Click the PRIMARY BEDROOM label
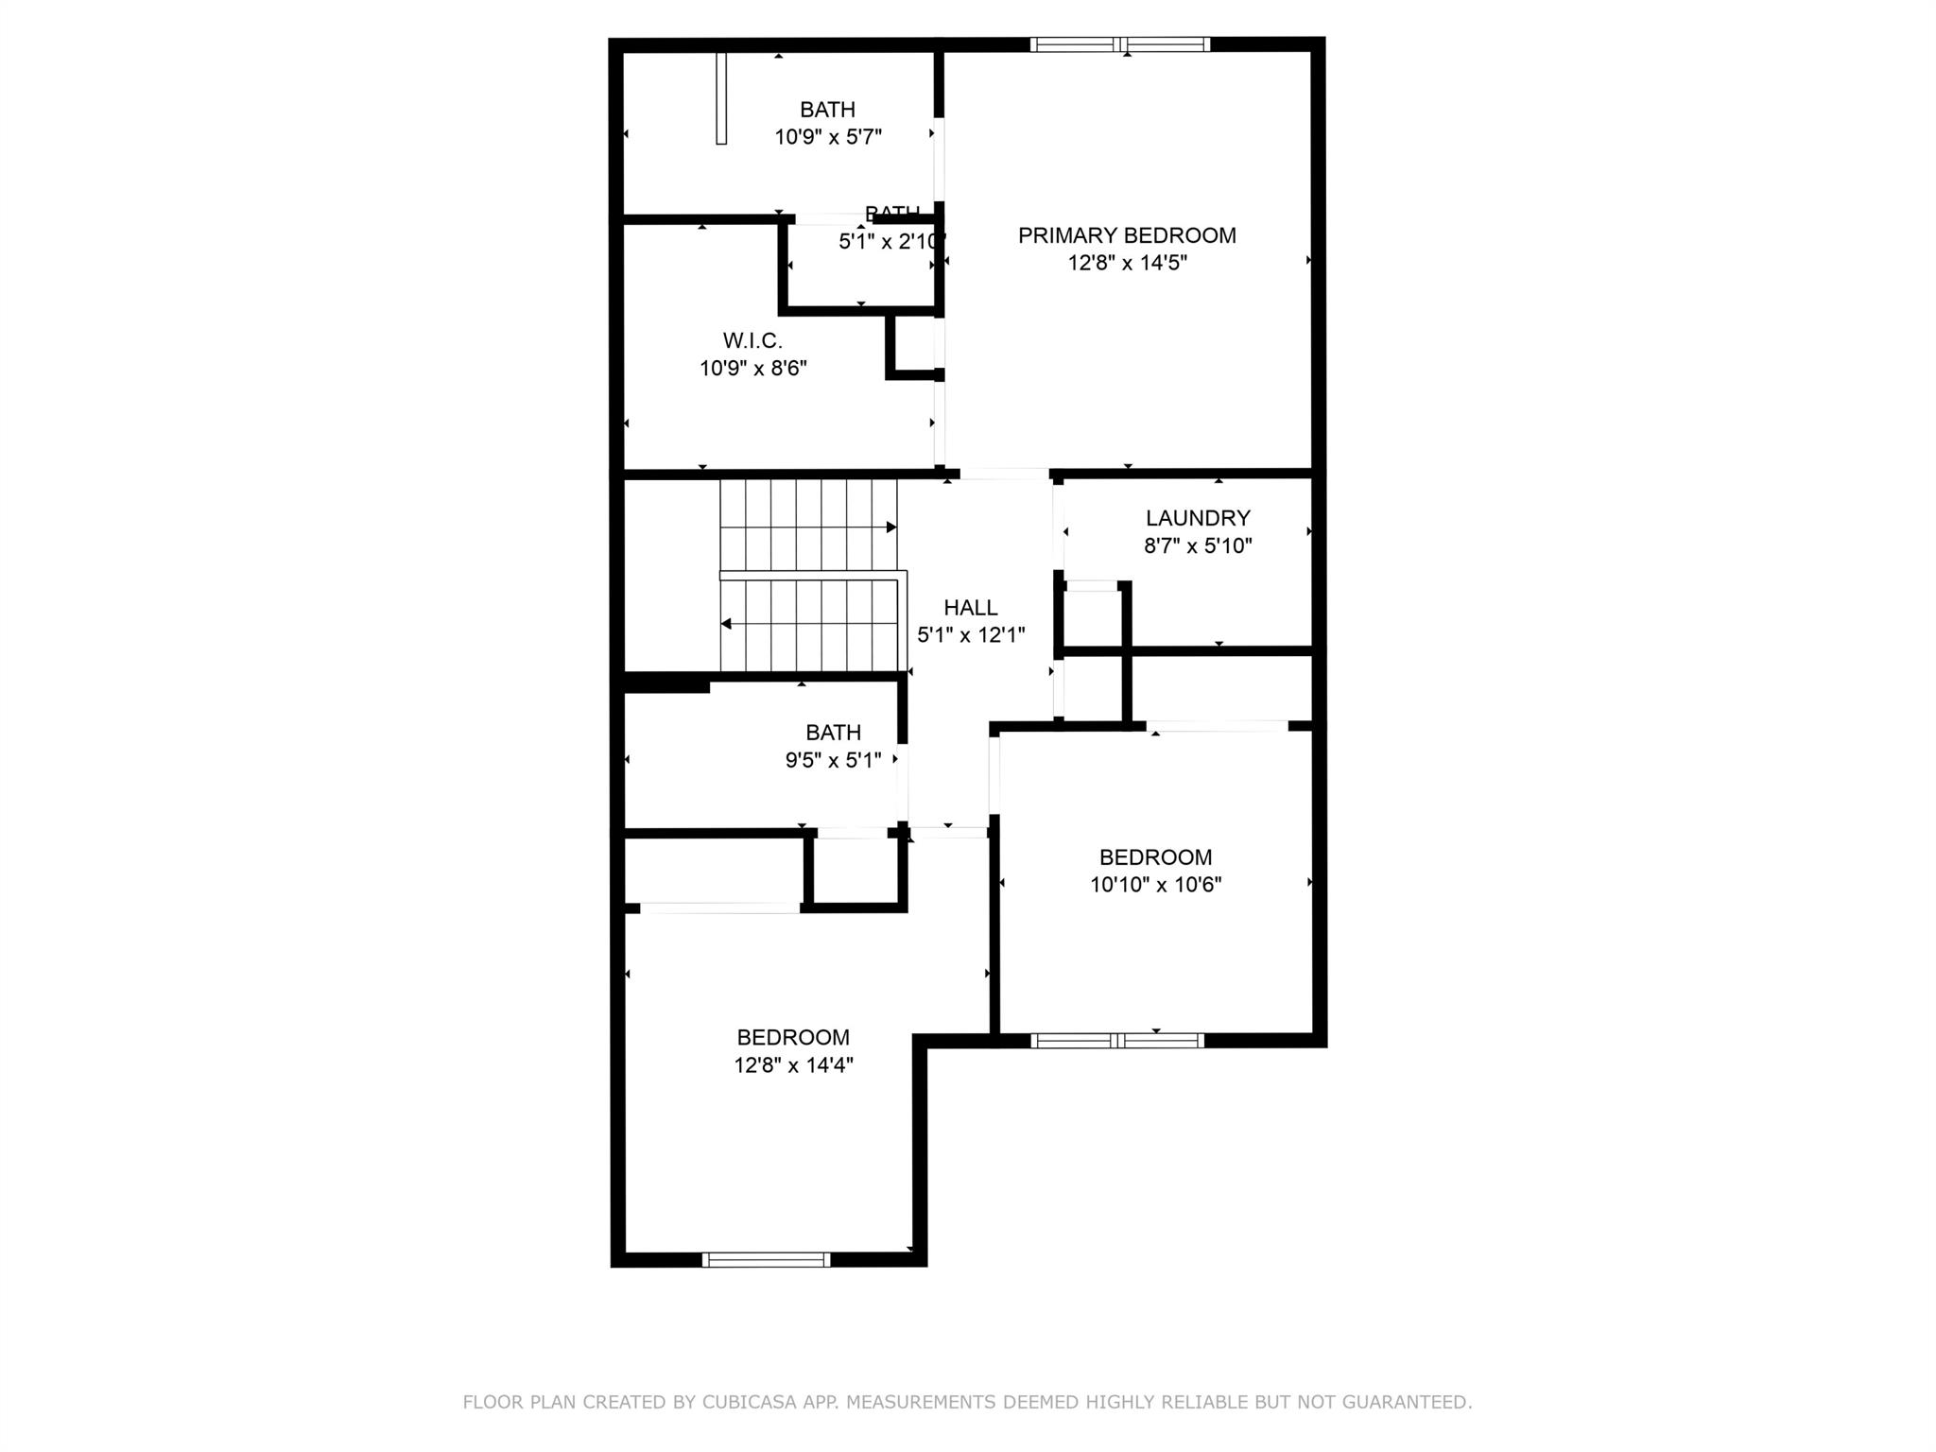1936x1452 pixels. coord(1127,235)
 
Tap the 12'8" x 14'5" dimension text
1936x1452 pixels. coord(1127,263)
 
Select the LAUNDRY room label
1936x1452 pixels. coord(1198,518)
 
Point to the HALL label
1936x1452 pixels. coord(971,608)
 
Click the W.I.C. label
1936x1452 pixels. coord(752,340)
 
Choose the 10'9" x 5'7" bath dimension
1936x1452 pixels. coord(828,137)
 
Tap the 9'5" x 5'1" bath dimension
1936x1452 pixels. coord(833,760)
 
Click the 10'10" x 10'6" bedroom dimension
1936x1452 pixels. coord(1155,885)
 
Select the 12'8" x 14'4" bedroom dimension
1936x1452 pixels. coord(793,1065)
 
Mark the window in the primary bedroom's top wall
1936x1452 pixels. coord(1120,43)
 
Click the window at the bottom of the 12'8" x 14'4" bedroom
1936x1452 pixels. coord(767,1259)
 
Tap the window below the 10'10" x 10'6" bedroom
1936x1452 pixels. coord(1117,1041)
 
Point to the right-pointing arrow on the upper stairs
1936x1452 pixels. coord(890,527)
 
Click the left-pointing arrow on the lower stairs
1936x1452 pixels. coord(726,624)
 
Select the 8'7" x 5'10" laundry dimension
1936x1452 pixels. coord(1198,545)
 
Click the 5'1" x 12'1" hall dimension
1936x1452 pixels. coord(971,635)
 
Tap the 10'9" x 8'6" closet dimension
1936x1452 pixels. coord(752,368)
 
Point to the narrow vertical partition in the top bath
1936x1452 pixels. coord(721,98)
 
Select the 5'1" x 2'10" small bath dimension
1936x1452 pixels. coord(889,242)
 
